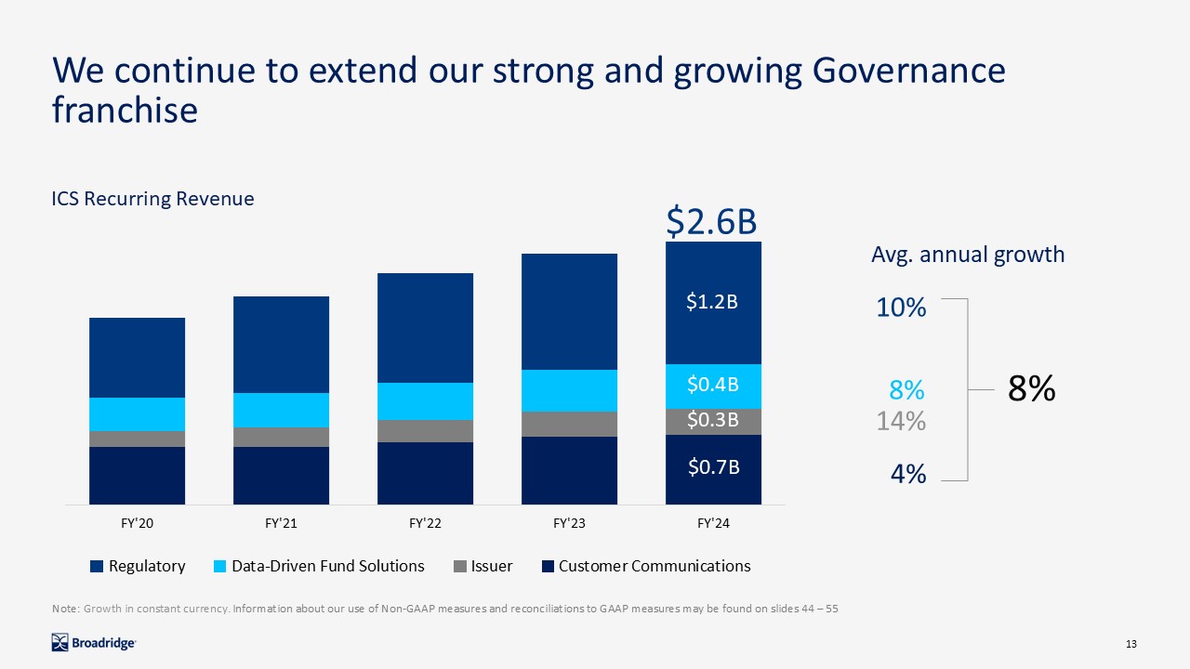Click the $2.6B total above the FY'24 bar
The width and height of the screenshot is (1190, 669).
[x=712, y=223]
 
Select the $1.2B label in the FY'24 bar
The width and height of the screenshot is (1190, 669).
[x=712, y=302]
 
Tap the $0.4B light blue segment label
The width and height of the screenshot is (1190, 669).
[x=712, y=384]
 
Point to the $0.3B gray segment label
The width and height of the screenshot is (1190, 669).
[x=712, y=420]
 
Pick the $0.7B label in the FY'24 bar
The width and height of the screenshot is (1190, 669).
[x=712, y=467]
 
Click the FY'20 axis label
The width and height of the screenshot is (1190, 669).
[x=137, y=524]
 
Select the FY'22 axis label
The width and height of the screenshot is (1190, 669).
[x=425, y=524]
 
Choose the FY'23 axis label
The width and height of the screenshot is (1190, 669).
[x=569, y=524]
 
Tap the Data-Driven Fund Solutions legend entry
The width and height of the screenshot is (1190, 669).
[x=318, y=566]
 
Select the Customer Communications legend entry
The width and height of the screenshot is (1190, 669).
[x=645, y=566]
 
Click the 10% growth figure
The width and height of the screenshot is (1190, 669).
[x=901, y=308]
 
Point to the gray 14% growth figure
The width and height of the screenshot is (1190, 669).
[x=901, y=422]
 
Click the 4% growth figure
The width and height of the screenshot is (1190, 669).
[x=907, y=474]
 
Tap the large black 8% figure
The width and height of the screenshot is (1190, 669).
[x=1031, y=389]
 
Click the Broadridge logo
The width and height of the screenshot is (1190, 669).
[x=94, y=642]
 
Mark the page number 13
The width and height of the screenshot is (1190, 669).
[x=1131, y=645]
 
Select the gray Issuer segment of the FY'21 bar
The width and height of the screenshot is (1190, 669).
[x=281, y=437]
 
